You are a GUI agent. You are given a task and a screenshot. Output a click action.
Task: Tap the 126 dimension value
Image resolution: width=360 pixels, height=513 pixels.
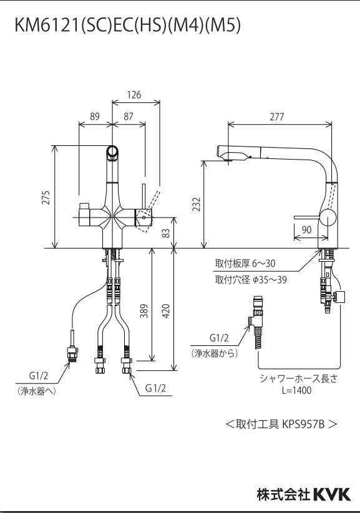(x=134, y=95)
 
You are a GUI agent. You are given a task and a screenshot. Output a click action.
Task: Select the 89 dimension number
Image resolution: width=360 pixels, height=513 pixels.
(x=95, y=117)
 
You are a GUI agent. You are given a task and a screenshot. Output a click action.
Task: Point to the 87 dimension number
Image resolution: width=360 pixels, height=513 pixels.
(x=129, y=117)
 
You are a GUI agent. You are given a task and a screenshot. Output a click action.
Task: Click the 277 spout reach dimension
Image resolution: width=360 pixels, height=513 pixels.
(x=277, y=117)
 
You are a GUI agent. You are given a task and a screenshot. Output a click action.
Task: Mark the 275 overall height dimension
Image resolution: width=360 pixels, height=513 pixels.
(x=47, y=198)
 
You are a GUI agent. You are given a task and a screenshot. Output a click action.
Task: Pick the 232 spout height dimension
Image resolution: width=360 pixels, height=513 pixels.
(x=196, y=204)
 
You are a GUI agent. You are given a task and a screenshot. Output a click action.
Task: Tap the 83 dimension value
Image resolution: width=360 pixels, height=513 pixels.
(x=167, y=233)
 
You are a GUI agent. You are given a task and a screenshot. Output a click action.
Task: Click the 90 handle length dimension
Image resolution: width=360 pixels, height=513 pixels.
(x=306, y=229)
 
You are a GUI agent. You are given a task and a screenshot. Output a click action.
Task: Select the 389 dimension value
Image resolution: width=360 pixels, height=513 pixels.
(x=144, y=311)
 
